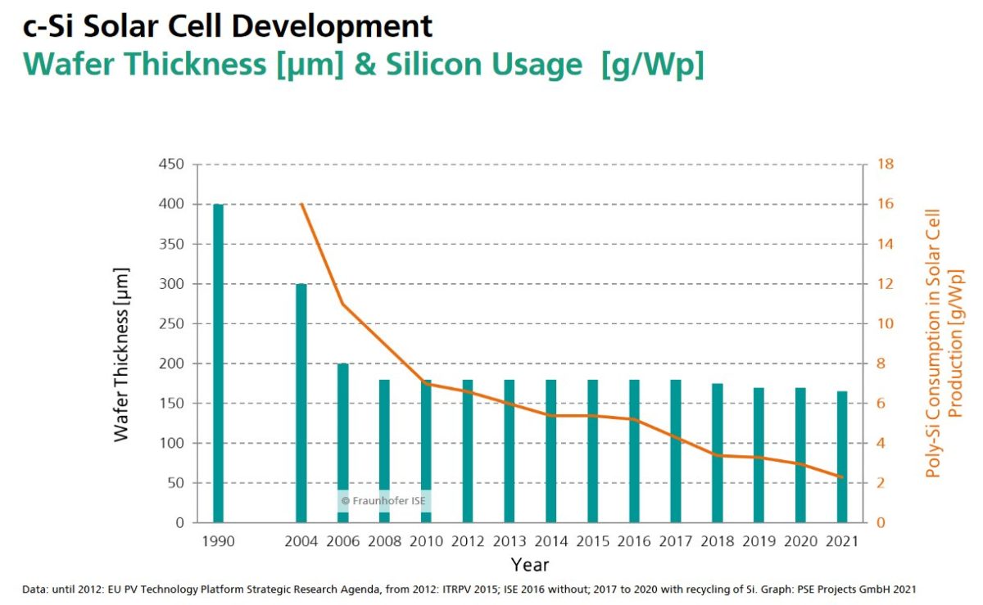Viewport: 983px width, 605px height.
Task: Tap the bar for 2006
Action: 343,442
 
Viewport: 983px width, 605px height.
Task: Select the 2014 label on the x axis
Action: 550,541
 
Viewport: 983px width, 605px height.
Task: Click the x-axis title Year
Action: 530,565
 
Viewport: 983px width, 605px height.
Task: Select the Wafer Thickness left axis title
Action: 122,354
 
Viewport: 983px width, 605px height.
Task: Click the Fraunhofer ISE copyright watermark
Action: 383,500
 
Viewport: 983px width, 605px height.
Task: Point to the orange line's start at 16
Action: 301,204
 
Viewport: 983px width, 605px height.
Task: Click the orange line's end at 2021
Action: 841,476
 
